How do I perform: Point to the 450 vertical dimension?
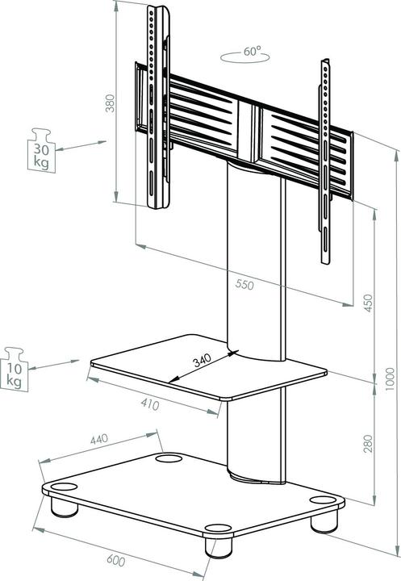[368, 302]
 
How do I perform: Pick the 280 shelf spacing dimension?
[367, 443]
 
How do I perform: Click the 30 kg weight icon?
[40, 149]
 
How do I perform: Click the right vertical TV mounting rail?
[324, 161]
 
